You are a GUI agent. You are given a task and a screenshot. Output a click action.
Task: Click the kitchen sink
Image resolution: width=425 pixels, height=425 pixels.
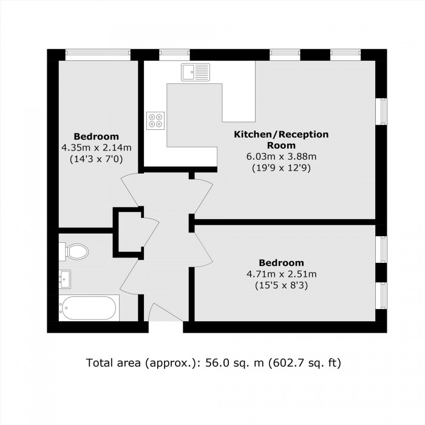tap(194, 72)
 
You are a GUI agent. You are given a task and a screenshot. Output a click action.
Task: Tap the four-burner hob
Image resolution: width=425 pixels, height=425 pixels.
tap(155, 120)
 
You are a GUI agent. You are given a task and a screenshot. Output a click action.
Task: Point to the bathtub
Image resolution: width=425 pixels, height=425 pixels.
tap(89, 308)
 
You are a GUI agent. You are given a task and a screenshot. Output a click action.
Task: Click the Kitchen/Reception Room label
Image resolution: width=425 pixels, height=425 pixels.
tap(281, 140)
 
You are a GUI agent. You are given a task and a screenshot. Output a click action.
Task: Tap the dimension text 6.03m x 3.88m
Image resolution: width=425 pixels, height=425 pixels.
tap(281, 157)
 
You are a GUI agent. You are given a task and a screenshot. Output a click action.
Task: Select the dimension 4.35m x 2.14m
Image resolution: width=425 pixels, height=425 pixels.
tap(97, 148)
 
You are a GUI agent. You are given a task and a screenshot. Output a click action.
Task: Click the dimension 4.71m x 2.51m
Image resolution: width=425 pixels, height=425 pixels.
tap(281, 274)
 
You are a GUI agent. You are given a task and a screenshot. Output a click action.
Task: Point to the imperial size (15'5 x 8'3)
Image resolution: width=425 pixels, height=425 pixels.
tap(281, 285)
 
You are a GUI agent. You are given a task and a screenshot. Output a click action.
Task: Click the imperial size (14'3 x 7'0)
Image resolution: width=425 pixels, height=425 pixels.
tap(97, 158)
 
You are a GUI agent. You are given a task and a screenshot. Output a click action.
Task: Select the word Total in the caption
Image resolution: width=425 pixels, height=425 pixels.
tap(100, 364)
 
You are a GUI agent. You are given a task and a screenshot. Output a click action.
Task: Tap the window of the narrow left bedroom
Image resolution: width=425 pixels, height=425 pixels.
tap(98, 53)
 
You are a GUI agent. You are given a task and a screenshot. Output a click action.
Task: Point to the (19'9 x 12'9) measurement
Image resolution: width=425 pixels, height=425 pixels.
tap(281, 168)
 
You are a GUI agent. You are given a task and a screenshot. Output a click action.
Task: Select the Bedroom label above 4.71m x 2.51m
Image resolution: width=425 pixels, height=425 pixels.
tap(281, 263)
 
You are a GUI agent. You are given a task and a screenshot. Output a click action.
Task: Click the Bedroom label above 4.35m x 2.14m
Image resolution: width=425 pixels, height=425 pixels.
tap(97, 136)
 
